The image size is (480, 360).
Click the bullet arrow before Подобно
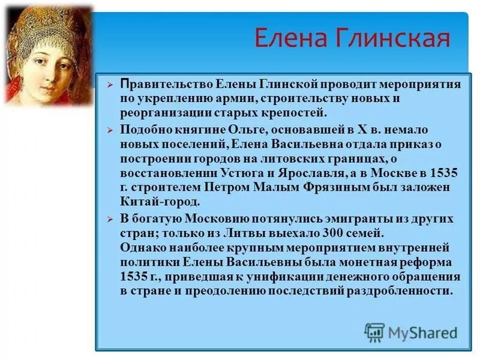pyautogui.click(x=109, y=130)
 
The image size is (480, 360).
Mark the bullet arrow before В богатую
pyautogui.click(x=109, y=219)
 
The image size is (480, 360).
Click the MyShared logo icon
pyautogui.click(x=374, y=332)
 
